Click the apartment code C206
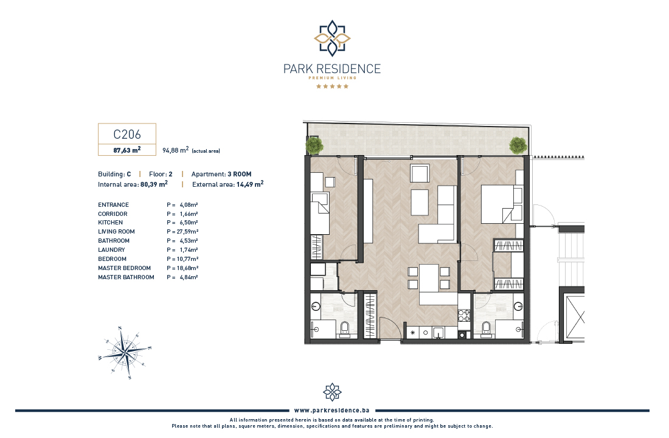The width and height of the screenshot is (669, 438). click(x=127, y=134)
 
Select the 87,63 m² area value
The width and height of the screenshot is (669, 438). click(x=127, y=150)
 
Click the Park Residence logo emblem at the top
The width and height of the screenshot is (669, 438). click(x=332, y=38)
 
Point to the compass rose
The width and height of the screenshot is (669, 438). click(x=125, y=353)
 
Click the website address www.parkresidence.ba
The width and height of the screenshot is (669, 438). click(x=331, y=411)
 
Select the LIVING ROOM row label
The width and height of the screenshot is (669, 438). click(x=117, y=231)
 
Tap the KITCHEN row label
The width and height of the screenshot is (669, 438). click(x=111, y=223)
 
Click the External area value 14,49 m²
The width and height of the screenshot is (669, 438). click(x=250, y=184)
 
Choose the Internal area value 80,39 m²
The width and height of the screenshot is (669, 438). click(x=154, y=184)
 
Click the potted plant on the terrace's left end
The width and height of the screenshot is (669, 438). click(x=314, y=145)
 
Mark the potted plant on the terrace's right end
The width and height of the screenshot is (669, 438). click(x=518, y=145)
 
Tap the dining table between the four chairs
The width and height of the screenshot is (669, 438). click(x=429, y=278)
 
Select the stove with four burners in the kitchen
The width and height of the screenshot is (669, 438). click(x=464, y=316)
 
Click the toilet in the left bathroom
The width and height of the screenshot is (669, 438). click(x=345, y=329)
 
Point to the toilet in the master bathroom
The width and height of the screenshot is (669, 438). click(x=485, y=329)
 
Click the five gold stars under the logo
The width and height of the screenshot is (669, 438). click(x=332, y=86)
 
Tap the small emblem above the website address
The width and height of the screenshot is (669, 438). click(x=332, y=392)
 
